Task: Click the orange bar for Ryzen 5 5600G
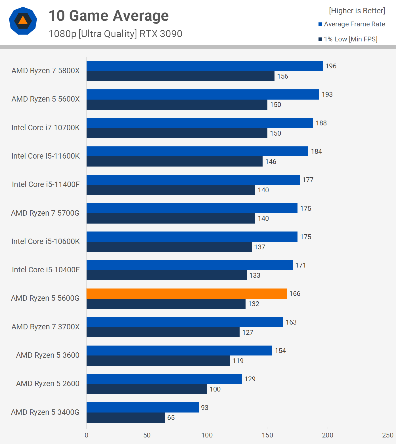coord(187,294)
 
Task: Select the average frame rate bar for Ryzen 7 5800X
coord(204,66)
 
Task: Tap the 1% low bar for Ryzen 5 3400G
coord(125,418)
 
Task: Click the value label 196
coord(331,66)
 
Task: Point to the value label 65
coord(171,418)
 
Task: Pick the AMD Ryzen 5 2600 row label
coord(48,384)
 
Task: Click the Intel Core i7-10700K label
coord(45,128)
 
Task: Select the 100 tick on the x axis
coord(207,435)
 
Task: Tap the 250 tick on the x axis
coord(388,435)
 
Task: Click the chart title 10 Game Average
coord(108,16)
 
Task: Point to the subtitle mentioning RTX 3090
coord(115,34)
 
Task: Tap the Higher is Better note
coord(357,11)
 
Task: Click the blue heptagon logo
coord(23,21)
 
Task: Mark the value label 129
coord(250,379)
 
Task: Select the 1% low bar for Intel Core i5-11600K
coord(174,161)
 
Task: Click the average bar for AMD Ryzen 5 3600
coord(179,351)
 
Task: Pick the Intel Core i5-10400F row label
coord(46,270)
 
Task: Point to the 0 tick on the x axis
coord(87,435)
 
